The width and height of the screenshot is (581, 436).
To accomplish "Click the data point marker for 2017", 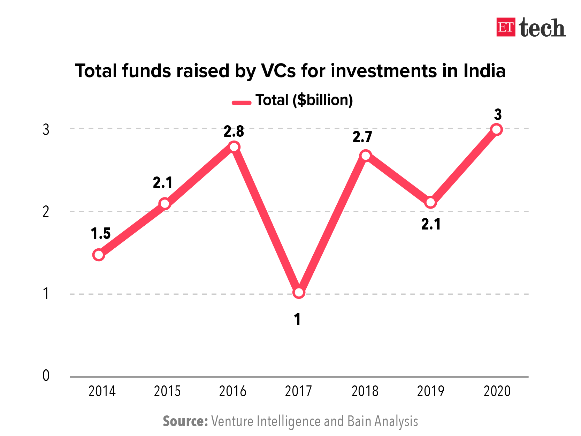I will click(299, 292).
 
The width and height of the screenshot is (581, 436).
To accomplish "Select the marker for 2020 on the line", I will click(496, 130).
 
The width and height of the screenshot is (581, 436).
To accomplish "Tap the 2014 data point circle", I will click(99, 255).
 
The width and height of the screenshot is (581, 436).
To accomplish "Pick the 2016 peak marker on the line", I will click(234, 147).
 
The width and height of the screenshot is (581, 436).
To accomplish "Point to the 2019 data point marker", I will click(431, 202).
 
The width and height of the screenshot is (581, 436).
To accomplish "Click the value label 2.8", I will click(234, 131).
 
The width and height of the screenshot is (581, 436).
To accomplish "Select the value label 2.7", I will click(362, 137).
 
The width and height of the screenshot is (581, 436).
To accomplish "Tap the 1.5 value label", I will click(101, 233).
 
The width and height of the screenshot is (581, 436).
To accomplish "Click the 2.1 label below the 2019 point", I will click(431, 224).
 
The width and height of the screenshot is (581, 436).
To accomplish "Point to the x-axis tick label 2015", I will click(167, 391).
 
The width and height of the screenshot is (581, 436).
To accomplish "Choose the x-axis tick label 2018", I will click(365, 391).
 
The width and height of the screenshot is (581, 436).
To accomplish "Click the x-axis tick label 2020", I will click(497, 391).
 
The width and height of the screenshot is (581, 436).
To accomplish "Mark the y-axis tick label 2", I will click(46, 211).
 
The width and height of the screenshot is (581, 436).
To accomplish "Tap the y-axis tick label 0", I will click(46, 376).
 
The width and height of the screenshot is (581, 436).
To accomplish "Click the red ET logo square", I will click(506, 27).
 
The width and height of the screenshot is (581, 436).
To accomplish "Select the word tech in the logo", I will click(542, 28).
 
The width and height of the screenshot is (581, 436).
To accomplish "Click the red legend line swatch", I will click(242, 103).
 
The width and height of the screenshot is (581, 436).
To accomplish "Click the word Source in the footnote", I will click(185, 421).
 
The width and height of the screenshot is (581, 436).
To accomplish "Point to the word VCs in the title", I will click(278, 71).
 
